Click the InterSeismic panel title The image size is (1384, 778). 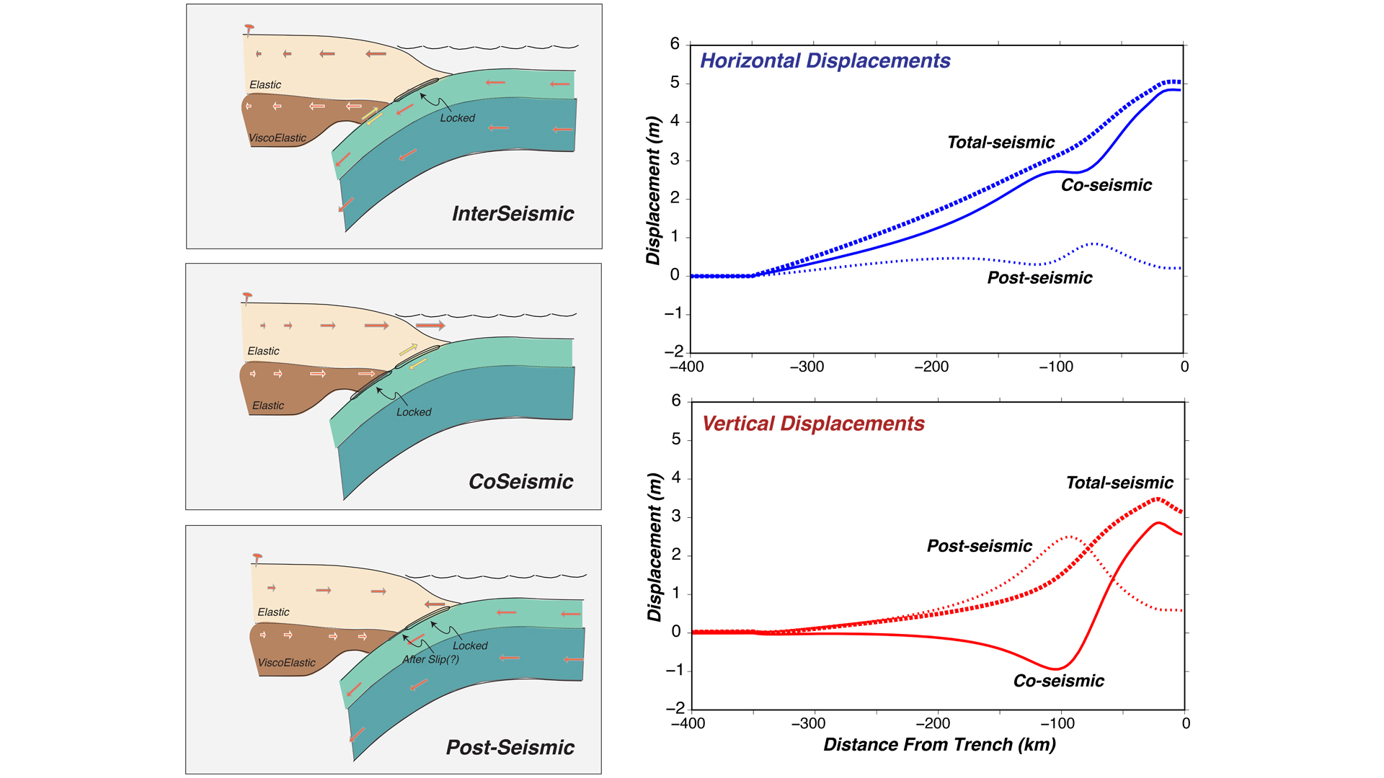click(513, 214)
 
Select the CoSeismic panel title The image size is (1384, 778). click(520, 482)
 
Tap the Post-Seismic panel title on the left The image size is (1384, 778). click(510, 748)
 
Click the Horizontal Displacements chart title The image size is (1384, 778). click(825, 61)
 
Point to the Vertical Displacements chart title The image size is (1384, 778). click(813, 424)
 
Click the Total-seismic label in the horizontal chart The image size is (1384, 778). click(1001, 143)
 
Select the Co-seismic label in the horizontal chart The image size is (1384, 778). click(1106, 185)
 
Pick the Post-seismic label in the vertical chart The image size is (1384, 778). click(979, 546)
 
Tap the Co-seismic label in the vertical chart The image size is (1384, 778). click(1058, 681)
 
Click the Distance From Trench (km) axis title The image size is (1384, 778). click(939, 745)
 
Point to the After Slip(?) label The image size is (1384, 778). click(430, 659)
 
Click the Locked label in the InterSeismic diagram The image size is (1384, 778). click(458, 118)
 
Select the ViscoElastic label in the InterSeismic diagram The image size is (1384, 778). click(278, 138)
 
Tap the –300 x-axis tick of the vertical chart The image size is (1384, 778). click(808, 723)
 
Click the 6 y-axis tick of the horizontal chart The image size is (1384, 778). click(675, 44)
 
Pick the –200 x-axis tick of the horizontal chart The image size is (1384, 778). click(931, 367)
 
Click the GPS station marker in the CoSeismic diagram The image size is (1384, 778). click(247, 297)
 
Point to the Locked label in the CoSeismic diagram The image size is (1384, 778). click(414, 412)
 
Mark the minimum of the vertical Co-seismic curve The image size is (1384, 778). click(1055, 669)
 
